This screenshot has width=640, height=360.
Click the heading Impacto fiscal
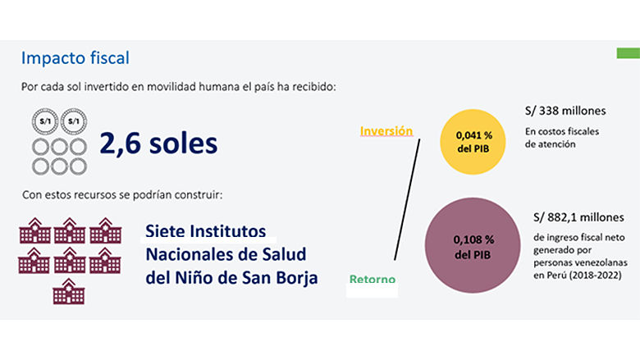click(75, 59)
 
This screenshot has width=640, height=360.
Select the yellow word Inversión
click(386, 131)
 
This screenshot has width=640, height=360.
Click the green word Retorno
click(373, 280)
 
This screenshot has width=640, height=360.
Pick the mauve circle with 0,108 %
click(473, 246)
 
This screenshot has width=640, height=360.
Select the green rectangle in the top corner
click(628, 54)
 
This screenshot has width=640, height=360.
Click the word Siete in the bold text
click(169, 230)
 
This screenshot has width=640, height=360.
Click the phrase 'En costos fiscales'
click(562, 131)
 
